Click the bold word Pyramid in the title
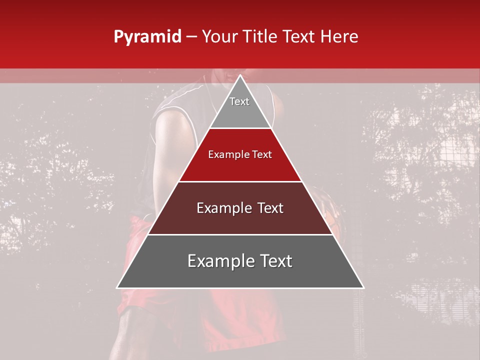point(147,37)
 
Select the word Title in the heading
point(260,36)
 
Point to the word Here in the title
point(340,36)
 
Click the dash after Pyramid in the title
point(191,37)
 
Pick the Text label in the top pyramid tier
point(239,101)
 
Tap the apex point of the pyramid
point(240,75)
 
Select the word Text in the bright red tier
point(262,154)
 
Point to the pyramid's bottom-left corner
point(117,287)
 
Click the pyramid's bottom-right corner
point(363,287)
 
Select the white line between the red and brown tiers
point(240,181)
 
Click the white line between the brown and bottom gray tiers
point(240,234)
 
